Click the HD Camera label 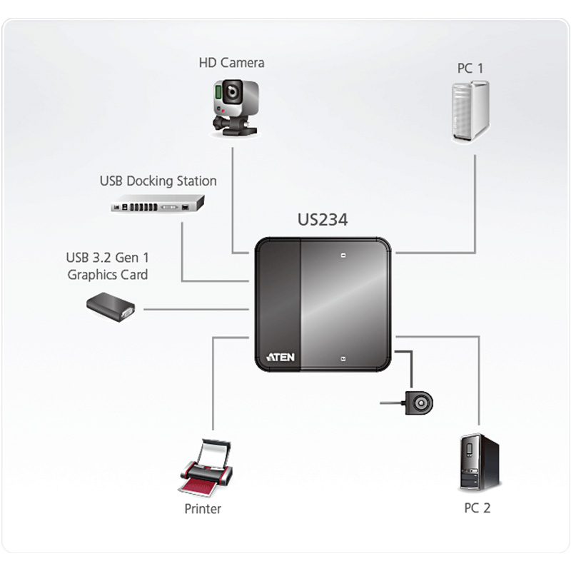pyautogui.click(x=231, y=63)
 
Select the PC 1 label pyautogui.click(x=470, y=69)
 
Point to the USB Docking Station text pyautogui.click(x=158, y=181)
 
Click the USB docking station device pyautogui.click(x=157, y=205)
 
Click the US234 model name pyautogui.click(x=323, y=220)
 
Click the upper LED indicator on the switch pyautogui.click(x=343, y=255)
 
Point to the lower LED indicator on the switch pyautogui.click(x=343, y=358)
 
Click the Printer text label pyautogui.click(x=203, y=509)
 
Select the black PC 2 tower pyautogui.click(x=477, y=463)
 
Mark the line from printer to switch pyautogui.click(x=213, y=385)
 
